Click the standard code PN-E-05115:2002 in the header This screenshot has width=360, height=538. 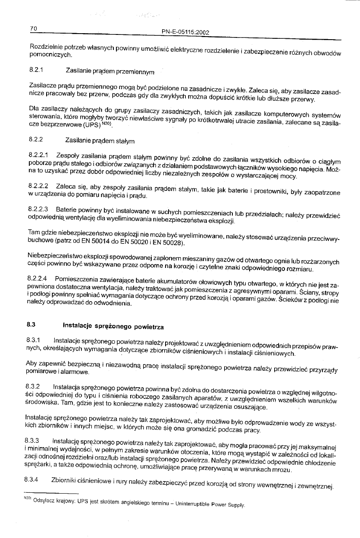[x=185, y=31]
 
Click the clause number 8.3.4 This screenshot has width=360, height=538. [x=34, y=479]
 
